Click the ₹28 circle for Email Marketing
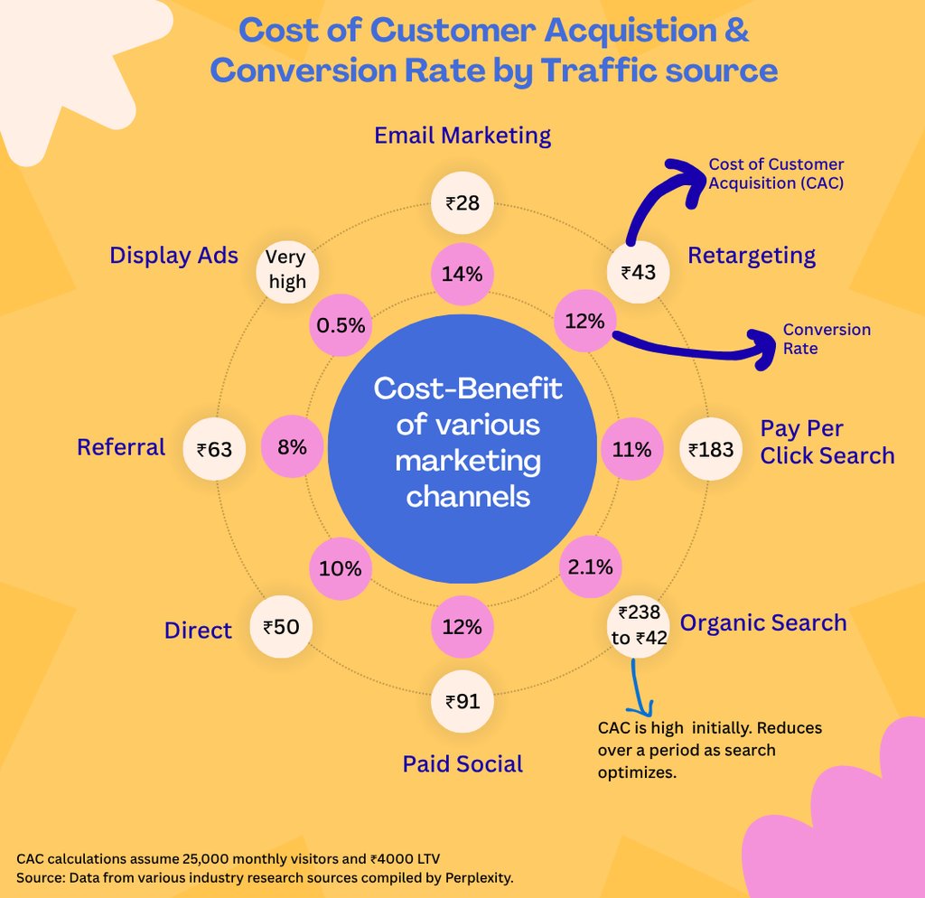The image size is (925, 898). click(462, 202)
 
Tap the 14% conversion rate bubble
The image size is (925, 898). click(462, 274)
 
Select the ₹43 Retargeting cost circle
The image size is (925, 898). click(638, 271)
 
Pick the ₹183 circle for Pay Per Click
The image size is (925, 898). click(711, 448)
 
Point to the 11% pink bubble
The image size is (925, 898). click(631, 448)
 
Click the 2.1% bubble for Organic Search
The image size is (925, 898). click(591, 566)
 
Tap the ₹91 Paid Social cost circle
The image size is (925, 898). click(462, 700)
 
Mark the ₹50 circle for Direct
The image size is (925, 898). click(281, 626)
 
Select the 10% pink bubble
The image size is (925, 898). click(340, 568)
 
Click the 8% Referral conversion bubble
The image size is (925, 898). click(292, 446)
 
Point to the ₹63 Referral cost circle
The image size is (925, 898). click(214, 447)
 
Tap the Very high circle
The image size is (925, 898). click(287, 269)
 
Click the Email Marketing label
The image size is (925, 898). click(462, 136)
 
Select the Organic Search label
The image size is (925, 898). click(763, 622)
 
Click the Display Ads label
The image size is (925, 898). click(173, 256)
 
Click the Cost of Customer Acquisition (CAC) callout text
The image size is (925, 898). click(776, 173)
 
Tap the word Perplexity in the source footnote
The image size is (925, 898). click(480, 877)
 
